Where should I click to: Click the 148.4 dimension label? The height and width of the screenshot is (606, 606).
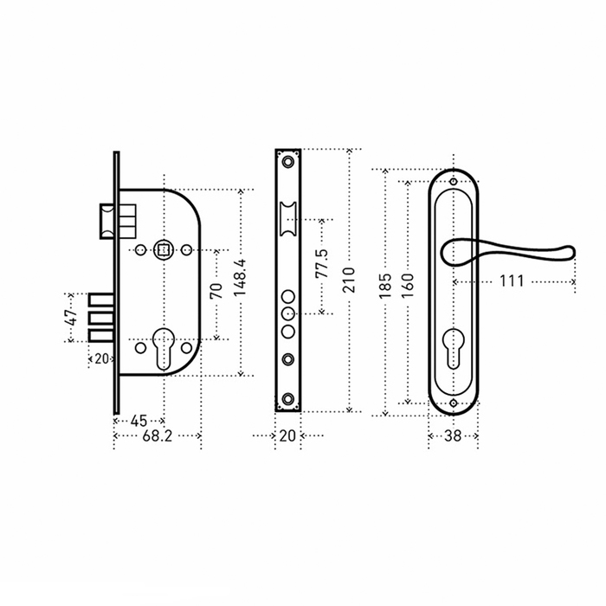tap(240, 278)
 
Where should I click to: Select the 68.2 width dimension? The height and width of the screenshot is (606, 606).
tap(158, 436)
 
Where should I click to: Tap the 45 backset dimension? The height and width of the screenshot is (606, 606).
tap(139, 421)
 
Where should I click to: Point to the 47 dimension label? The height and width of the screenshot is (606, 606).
tap(72, 318)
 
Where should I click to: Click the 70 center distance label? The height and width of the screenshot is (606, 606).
tap(216, 291)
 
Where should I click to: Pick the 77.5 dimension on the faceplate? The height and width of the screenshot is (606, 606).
tap(321, 263)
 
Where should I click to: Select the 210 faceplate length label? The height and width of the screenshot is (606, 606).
tap(349, 280)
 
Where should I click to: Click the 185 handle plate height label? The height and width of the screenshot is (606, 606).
tap(385, 286)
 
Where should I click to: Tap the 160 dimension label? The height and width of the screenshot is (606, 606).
tap(408, 285)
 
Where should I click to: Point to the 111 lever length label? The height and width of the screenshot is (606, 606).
tap(512, 281)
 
